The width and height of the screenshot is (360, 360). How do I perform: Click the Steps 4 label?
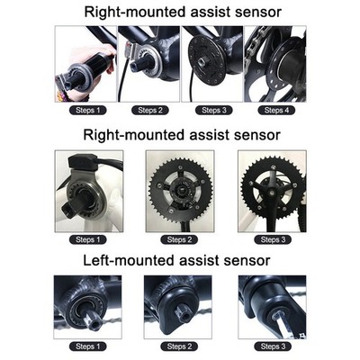pyautogui.click(x=276, y=110)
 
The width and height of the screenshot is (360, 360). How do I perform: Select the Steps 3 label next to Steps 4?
pyautogui.click(x=214, y=110)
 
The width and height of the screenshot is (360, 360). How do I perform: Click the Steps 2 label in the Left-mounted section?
pyautogui.click(x=179, y=346)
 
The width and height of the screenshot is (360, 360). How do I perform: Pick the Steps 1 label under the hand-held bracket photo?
pyautogui.click(x=87, y=110)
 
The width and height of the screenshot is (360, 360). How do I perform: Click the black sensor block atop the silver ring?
pyautogui.click(x=82, y=161)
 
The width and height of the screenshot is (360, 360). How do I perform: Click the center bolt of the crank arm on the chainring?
pyautogui.click(x=272, y=192)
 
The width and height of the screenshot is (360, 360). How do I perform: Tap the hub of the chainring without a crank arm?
pyautogui.click(x=179, y=191)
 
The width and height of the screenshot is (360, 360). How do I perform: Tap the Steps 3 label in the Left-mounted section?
pyautogui.click(x=273, y=346)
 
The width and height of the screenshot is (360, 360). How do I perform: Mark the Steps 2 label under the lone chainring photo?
pyautogui.click(x=179, y=239)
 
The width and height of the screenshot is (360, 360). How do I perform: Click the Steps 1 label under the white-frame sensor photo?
pyautogui.click(x=87, y=239)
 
